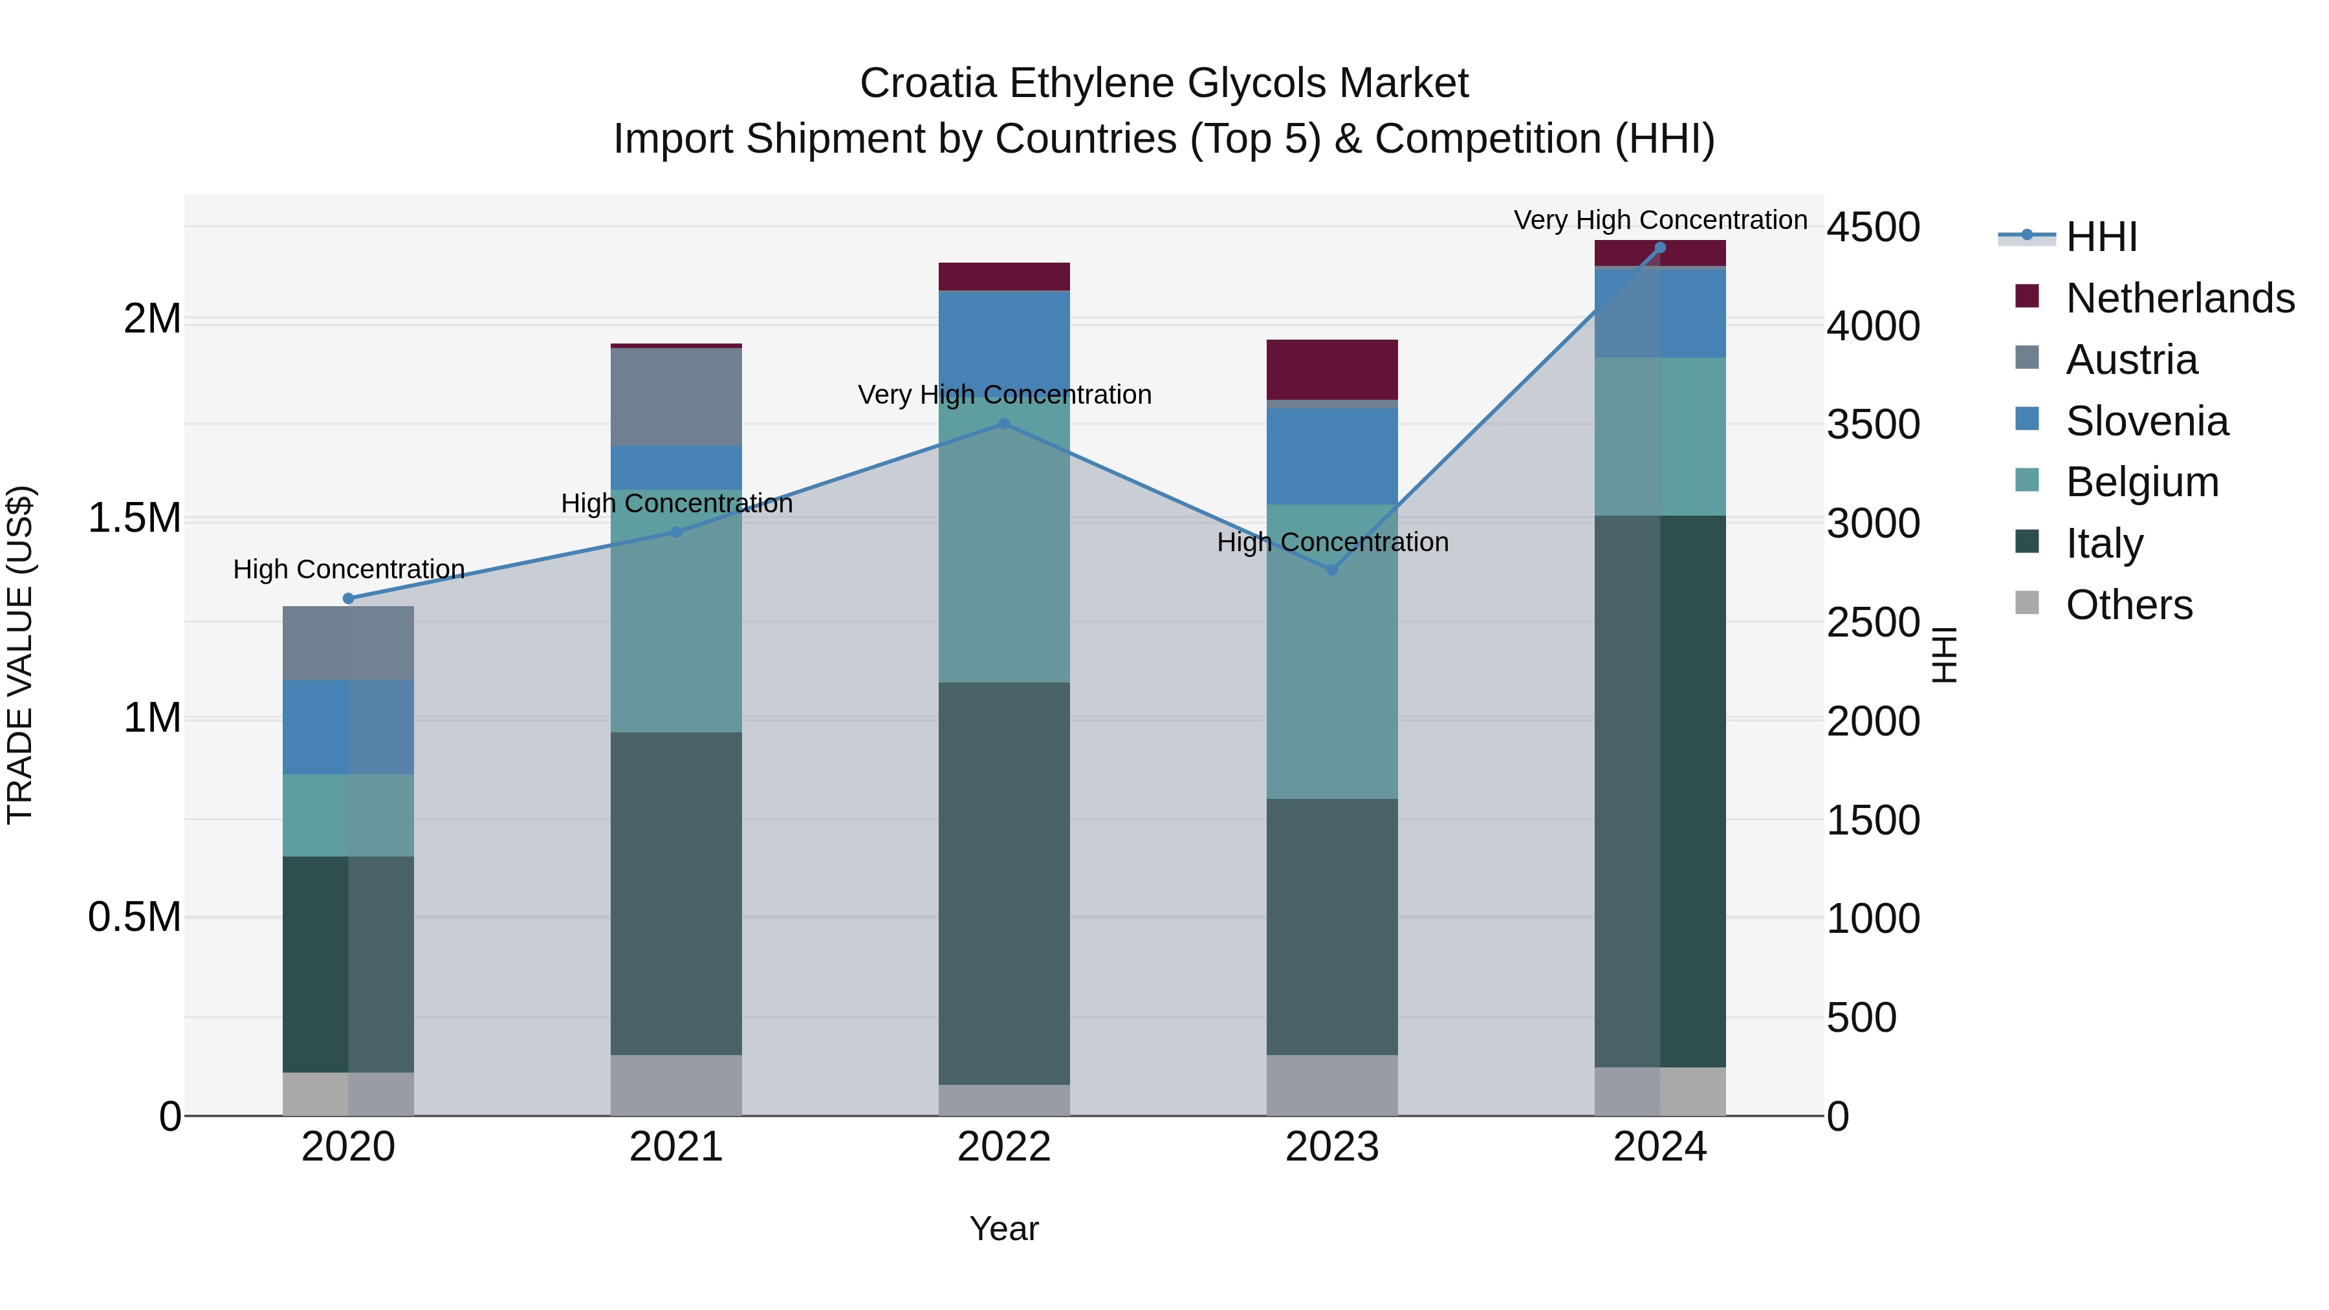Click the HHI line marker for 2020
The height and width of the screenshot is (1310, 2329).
coord(349,598)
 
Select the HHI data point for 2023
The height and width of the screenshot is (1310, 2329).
coord(1332,569)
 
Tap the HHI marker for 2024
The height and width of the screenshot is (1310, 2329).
coord(1660,248)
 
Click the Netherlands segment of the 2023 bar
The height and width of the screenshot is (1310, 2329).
coord(1332,369)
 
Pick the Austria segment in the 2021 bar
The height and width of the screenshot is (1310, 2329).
coord(676,396)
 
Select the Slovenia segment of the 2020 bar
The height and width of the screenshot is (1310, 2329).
coord(349,727)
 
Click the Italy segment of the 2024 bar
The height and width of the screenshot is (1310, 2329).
coord(1660,791)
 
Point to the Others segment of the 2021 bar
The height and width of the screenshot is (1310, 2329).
coord(676,1085)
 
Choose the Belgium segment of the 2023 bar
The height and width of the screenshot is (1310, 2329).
coord(1332,651)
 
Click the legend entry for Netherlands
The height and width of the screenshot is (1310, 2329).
coord(2180,298)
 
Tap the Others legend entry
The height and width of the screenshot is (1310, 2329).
coord(2128,605)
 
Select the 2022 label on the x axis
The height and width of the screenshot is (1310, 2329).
coord(1003,1147)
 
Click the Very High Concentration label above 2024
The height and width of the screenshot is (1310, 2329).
coord(1660,220)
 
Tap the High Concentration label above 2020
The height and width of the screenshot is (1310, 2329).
coord(349,569)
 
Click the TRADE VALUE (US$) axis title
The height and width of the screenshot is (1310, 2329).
coord(20,655)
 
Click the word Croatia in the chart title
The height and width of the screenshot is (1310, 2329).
coord(928,83)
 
